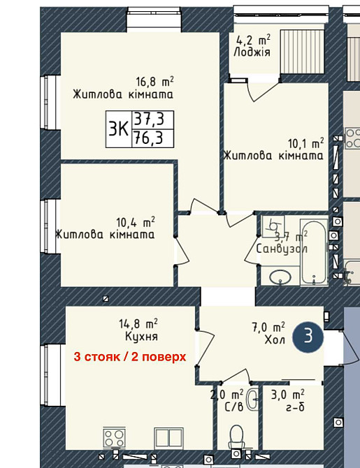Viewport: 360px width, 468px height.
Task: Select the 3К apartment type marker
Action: coord(117,129)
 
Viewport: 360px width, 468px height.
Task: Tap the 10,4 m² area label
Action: coord(135,223)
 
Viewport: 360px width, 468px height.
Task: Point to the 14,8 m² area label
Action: coord(139,323)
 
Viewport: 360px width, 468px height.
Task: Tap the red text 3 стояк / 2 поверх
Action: coord(130,356)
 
